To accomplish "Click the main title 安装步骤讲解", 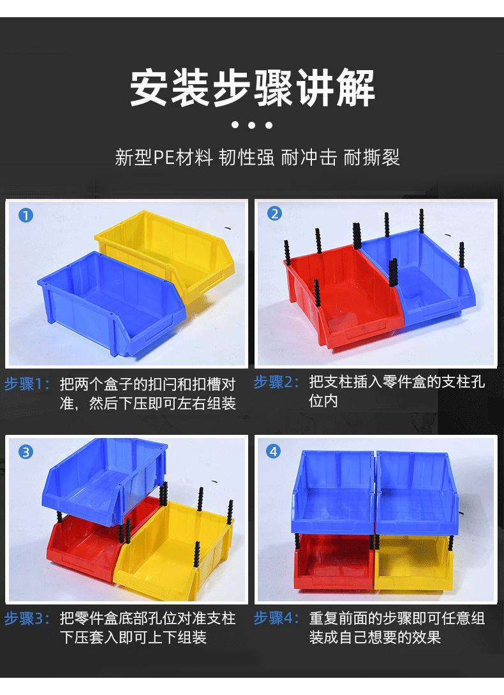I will (x=252, y=89).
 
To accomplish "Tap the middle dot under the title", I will (x=252, y=126).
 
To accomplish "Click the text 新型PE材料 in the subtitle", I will (x=163, y=157).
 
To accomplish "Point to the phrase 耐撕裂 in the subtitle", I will (x=372, y=157).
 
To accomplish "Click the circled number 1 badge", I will (x=25, y=215).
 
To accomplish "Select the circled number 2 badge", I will (x=274, y=214).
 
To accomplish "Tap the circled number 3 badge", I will (x=25, y=452).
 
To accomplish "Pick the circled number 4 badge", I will (x=274, y=452).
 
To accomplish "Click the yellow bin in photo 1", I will (x=172, y=249).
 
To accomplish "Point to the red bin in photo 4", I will (x=332, y=561).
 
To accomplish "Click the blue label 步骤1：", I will (x=27, y=384).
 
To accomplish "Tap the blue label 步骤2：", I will (x=276, y=383).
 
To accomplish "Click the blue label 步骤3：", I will (x=27, y=618).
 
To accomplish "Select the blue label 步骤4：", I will (x=276, y=618).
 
